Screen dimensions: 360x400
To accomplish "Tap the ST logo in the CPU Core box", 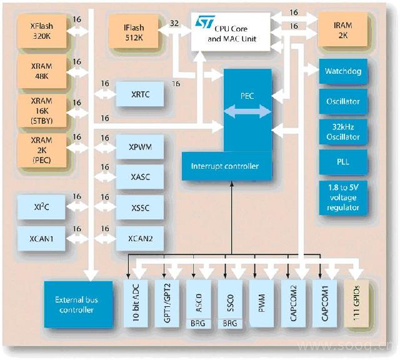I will click(205, 22).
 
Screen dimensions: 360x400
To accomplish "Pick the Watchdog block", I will click(343, 71).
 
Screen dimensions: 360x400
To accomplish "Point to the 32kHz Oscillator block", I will click(343, 131).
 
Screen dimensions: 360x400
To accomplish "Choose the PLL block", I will click(343, 162).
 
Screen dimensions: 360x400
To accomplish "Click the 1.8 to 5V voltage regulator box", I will click(343, 197).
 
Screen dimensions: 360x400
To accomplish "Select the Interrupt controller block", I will click(225, 166).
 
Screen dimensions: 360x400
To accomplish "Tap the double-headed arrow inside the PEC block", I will click(247, 111).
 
